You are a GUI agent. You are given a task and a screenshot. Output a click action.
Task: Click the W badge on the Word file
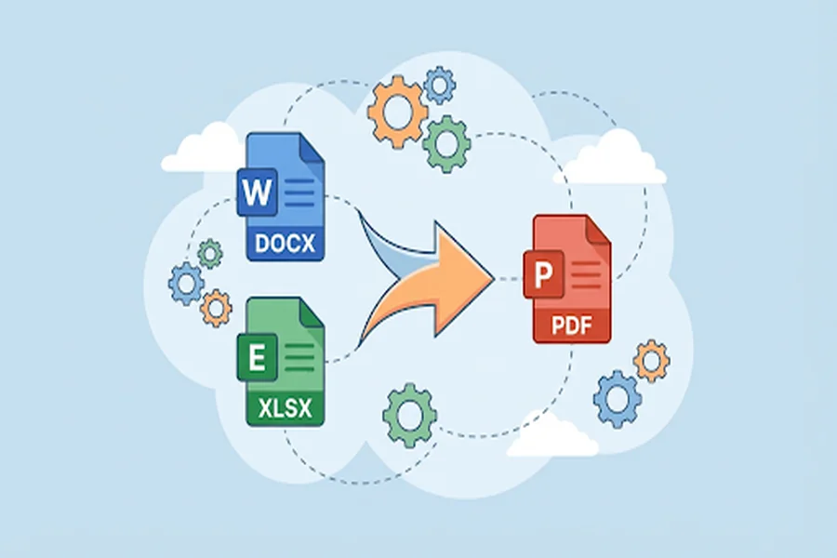pyautogui.click(x=257, y=193)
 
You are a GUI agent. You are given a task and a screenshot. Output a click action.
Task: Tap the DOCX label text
pyautogui.click(x=286, y=244)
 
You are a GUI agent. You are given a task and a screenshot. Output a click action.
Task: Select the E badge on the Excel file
pyautogui.click(x=257, y=357)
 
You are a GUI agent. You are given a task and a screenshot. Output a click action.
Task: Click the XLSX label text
pyautogui.click(x=286, y=409)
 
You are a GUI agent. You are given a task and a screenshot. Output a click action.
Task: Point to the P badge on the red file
pyautogui.click(x=543, y=274)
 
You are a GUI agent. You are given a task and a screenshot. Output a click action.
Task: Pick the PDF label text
pyautogui.click(x=572, y=325)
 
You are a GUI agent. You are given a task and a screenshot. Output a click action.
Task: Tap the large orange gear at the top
pyautogui.click(x=398, y=112)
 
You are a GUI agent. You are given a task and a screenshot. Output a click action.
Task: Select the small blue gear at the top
pyautogui.click(x=439, y=85)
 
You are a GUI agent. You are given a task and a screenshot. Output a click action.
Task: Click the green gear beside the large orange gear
pyautogui.click(x=446, y=143)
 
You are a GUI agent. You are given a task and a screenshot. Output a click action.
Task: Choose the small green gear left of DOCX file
pyautogui.click(x=209, y=254)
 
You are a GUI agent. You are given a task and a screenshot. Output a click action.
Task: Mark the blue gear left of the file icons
pyautogui.click(x=186, y=284)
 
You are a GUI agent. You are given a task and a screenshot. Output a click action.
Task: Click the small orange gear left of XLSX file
pyautogui.click(x=216, y=308)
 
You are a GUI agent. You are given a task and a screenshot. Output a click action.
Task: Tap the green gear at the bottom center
pyautogui.click(x=410, y=415)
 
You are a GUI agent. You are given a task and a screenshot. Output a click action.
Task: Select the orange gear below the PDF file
pyautogui.click(x=651, y=361)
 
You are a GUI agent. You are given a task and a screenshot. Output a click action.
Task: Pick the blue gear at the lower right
pyautogui.click(x=618, y=399)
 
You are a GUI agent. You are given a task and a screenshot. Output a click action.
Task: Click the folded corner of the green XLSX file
pyautogui.click(x=312, y=312)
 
